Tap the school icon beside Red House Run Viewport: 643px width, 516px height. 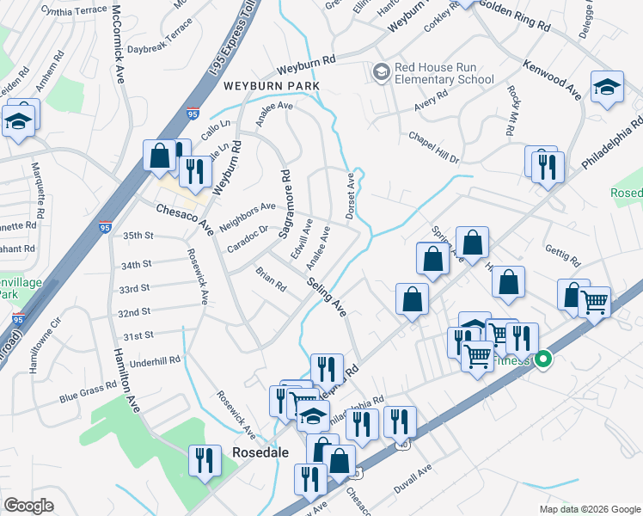tap(381, 73)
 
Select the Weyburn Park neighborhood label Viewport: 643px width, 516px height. tap(272, 86)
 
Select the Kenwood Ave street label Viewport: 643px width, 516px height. tap(553, 77)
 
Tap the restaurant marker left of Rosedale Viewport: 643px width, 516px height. tap(204, 460)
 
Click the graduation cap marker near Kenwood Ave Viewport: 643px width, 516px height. tap(607, 87)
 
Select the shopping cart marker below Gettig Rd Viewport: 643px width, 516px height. tap(594, 302)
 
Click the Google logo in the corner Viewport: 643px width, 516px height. tap(29, 506)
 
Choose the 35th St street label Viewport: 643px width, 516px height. tap(138, 235)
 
